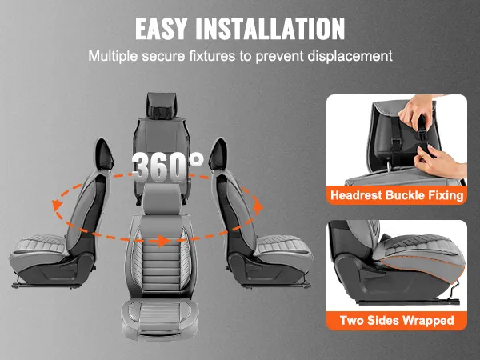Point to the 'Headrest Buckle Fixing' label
[x=394, y=196]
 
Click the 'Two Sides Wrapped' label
[x=394, y=321]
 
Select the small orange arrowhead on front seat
[x=162, y=239]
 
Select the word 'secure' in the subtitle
[x=174, y=57]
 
